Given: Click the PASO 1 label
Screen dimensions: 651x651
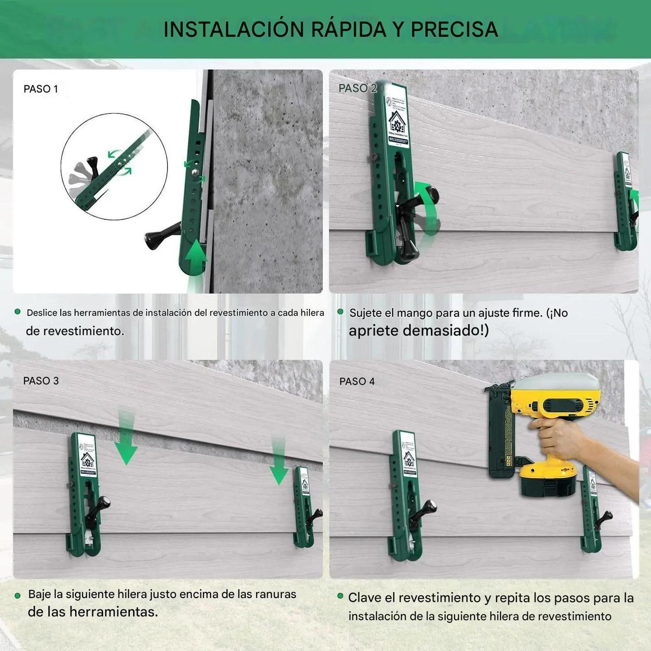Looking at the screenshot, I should pos(41,89).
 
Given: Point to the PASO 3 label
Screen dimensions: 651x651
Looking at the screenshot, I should pos(41,381).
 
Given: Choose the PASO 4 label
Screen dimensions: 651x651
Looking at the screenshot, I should pos(357,381).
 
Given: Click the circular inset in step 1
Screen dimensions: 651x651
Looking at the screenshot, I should pos(114,167).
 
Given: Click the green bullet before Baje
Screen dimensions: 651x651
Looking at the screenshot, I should pos(18,595).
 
